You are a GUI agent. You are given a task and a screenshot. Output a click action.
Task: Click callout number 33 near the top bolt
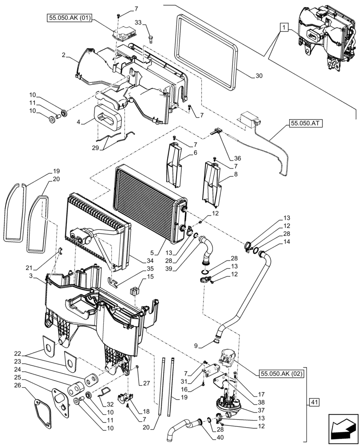(138, 23)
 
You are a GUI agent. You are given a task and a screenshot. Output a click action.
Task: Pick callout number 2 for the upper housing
(64, 55)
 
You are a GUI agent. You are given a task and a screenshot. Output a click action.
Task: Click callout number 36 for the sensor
(238, 157)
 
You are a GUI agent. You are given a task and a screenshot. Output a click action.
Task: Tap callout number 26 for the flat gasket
(17, 385)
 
